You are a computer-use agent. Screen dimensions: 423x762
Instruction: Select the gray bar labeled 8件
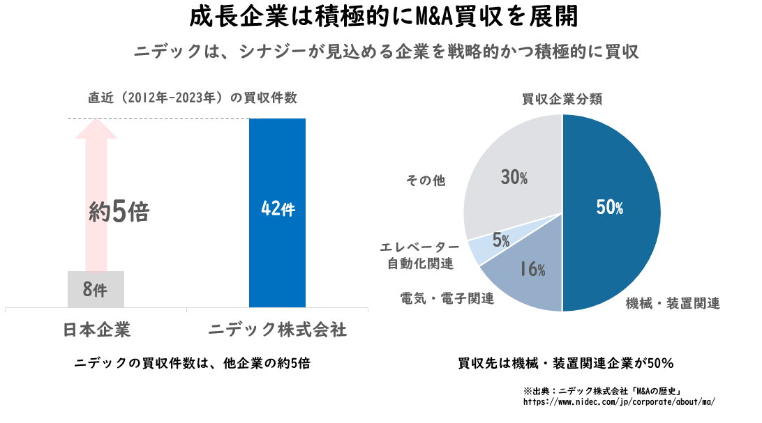(96, 289)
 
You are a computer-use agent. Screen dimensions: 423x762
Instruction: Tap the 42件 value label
(278, 209)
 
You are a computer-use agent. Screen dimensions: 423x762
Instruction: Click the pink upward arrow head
(96, 132)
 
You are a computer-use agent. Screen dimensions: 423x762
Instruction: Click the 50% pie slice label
(610, 207)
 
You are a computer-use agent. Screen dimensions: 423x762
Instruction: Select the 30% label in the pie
(514, 178)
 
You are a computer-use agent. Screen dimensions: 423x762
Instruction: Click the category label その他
(426, 180)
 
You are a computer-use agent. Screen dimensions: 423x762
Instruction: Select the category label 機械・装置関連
(673, 303)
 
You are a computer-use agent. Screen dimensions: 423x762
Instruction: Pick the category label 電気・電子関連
(447, 298)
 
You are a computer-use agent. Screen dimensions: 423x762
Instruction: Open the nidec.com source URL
(620, 402)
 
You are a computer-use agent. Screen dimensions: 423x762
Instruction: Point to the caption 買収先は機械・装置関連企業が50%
(565, 363)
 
